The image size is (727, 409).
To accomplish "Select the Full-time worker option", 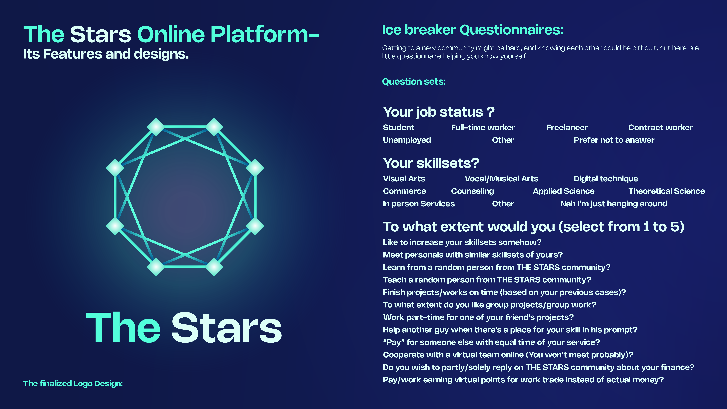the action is point(483,128).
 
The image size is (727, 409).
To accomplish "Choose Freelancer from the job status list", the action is point(567,128).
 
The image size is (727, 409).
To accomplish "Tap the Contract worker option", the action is point(660,128).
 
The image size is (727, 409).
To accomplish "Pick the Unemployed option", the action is point(407,140).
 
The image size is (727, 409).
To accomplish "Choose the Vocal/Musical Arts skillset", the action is point(502,179).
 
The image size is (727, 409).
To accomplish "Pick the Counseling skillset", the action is point(472,191).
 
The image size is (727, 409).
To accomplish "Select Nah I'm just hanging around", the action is point(614,204).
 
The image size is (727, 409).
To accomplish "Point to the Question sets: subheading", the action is point(414,82).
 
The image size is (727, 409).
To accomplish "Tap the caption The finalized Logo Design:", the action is point(73,384).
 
